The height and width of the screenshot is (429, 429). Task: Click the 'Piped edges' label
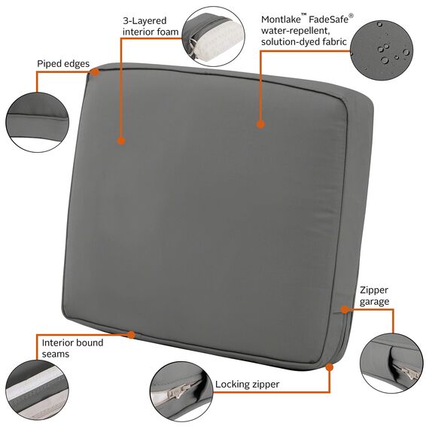pos(63,65)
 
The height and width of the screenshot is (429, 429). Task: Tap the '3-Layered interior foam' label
pos(151,26)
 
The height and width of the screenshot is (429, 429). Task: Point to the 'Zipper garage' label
pos(374,295)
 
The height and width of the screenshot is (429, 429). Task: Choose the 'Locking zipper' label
pos(247,385)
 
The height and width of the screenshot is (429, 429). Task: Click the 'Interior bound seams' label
pos(73,348)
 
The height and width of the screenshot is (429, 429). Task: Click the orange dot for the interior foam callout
pos(120,139)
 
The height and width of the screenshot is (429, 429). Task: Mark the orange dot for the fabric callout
pos(260,124)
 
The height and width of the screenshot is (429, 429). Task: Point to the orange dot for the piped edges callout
pos(96,72)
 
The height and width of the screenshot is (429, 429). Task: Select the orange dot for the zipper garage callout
pos(343,309)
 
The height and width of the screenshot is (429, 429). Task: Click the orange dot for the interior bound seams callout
pos(132,334)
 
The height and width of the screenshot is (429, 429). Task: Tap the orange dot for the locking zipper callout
pos(329,367)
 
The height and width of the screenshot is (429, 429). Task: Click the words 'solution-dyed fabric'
pos(304,43)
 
